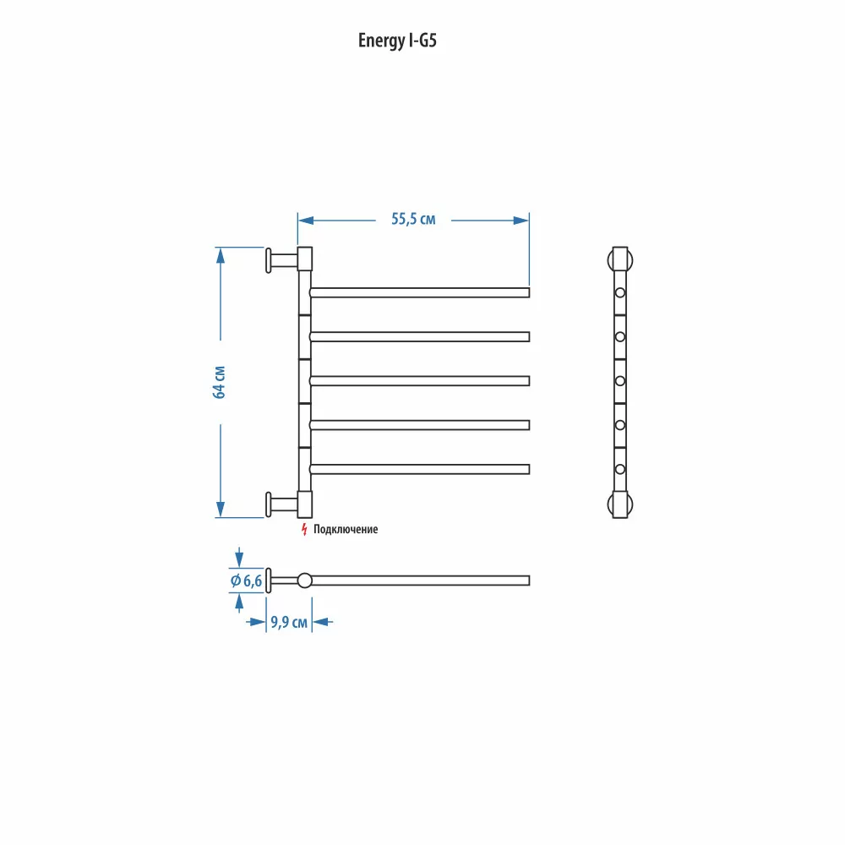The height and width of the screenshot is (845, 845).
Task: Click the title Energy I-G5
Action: [397, 41]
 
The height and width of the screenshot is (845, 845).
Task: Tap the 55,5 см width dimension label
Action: [413, 220]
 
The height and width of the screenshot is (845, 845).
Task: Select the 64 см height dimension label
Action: [220, 382]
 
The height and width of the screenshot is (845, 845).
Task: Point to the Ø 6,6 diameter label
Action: [246, 581]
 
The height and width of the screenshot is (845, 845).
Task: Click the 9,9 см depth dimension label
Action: [289, 623]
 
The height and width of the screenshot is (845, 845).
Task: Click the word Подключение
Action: [346, 529]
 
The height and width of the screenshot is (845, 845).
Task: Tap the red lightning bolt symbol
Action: [304, 529]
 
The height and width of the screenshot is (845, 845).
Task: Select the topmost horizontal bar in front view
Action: [420, 292]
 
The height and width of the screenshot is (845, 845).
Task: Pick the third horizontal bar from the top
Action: [420, 381]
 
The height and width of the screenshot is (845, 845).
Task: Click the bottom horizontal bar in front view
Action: [420, 469]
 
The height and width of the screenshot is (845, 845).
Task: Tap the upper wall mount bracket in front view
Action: [289, 260]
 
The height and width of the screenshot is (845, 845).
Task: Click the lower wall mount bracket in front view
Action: [289, 504]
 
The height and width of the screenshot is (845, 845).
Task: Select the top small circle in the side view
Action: [620, 292]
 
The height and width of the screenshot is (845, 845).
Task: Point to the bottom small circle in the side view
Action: [620, 469]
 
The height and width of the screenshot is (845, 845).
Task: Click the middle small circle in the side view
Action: [620, 381]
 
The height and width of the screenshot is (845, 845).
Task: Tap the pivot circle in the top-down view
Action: [304, 581]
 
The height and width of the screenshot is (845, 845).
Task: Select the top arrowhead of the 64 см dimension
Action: [221, 256]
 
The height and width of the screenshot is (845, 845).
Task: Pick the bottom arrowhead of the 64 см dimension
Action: [221, 509]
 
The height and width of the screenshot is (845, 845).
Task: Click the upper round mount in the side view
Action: [620, 260]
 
